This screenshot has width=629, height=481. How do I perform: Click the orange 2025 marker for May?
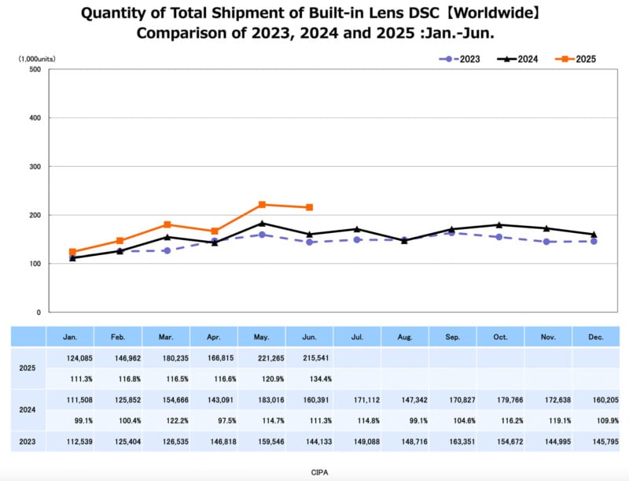(x=262, y=205)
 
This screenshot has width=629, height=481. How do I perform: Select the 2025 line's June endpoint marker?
(x=310, y=207)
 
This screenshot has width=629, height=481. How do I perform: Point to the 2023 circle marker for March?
(x=167, y=250)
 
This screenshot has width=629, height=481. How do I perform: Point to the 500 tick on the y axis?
(x=35, y=69)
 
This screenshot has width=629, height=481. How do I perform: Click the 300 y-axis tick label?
(x=35, y=167)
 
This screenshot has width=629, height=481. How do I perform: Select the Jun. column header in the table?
(x=309, y=337)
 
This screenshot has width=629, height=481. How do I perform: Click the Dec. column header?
(x=595, y=337)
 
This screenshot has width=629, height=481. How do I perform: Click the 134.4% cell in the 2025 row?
(x=309, y=380)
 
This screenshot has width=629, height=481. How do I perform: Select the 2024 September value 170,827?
(x=452, y=401)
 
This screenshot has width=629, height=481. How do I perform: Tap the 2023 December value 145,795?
(x=595, y=442)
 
